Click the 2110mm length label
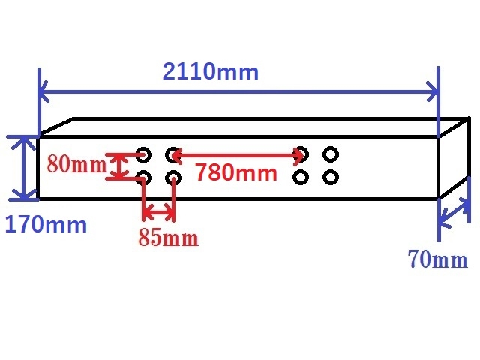211,72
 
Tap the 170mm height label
46,224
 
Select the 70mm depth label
438,259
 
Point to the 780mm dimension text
236,172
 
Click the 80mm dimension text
76,163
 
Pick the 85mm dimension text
168,237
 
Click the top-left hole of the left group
143,155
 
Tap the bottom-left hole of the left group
143,178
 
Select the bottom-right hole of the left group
173,178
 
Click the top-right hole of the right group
331,154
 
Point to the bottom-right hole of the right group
331,178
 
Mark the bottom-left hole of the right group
301,178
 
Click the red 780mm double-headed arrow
238,155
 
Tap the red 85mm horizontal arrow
158,211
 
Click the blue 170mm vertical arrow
24,168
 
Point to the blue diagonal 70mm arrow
454,213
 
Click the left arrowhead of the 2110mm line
43,91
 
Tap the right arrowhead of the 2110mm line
433,91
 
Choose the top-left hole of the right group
301,154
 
